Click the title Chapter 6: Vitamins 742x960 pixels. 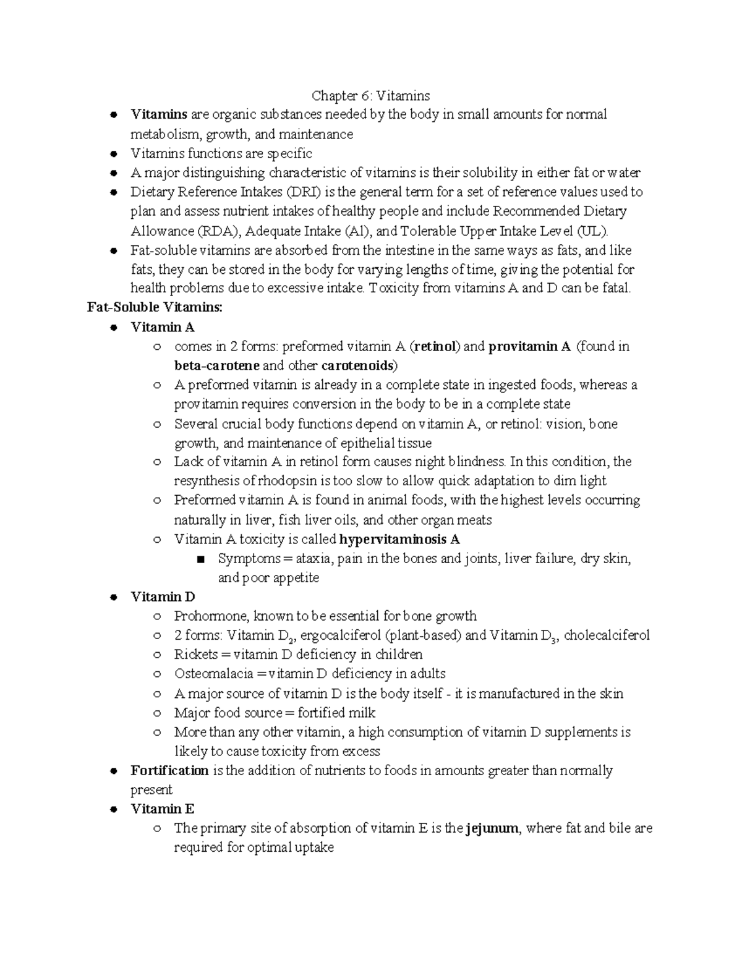coord(370,96)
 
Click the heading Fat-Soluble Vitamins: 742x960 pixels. coord(155,307)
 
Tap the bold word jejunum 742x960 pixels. coord(492,828)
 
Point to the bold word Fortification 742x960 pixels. coord(169,771)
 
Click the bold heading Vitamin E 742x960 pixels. coord(163,809)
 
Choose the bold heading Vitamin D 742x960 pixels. coord(163,597)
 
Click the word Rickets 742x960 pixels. coord(196,655)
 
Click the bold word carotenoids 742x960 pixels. coord(360,365)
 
